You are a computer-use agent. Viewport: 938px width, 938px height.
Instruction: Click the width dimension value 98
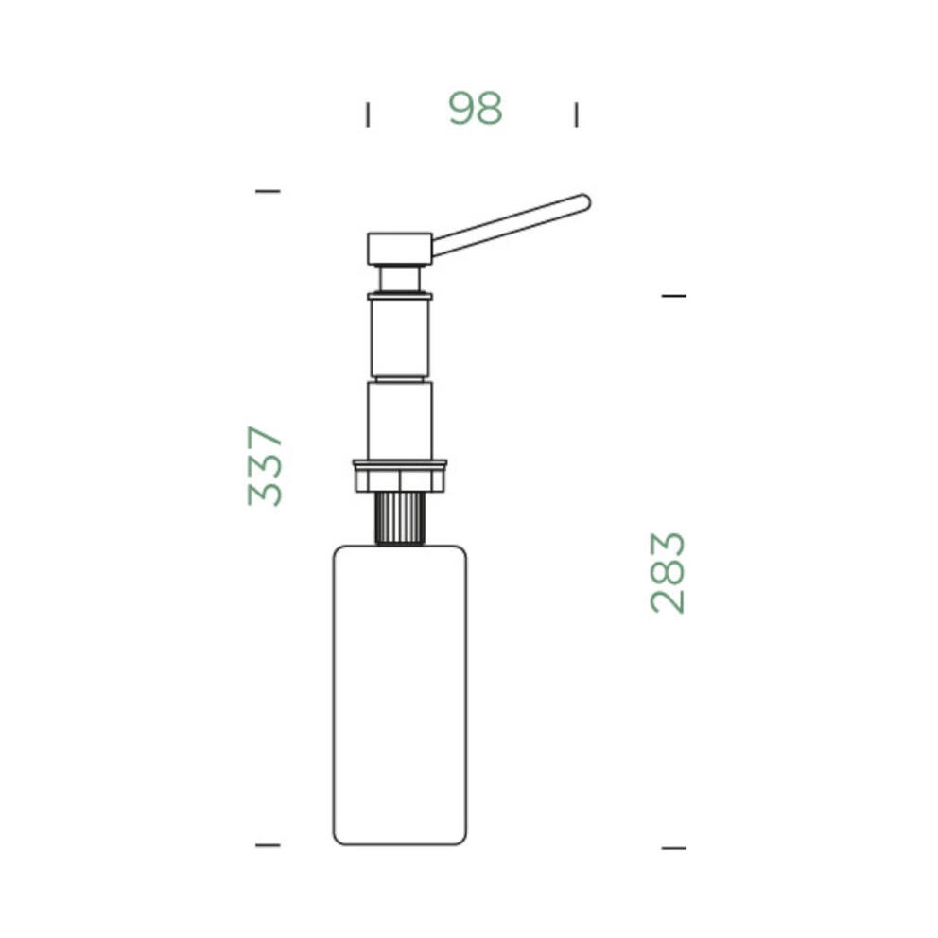tap(476, 109)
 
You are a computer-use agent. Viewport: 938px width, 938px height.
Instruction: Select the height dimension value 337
tap(265, 466)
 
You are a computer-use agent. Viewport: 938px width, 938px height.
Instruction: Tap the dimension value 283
tap(667, 572)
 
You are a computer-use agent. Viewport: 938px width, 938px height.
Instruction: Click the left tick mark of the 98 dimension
tap(368, 114)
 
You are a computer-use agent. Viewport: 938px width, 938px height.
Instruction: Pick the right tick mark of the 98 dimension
tap(576, 114)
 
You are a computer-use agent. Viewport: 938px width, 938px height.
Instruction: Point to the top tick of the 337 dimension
tap(268, 191)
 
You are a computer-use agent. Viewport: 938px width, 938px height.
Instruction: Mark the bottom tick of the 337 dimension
tap(268, 845)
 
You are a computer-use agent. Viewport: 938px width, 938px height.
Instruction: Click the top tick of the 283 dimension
tap(673, 296)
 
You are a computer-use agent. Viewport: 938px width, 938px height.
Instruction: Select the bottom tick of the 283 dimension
tap(673, 847)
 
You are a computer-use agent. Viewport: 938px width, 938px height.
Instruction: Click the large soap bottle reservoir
tap(400, 695)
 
